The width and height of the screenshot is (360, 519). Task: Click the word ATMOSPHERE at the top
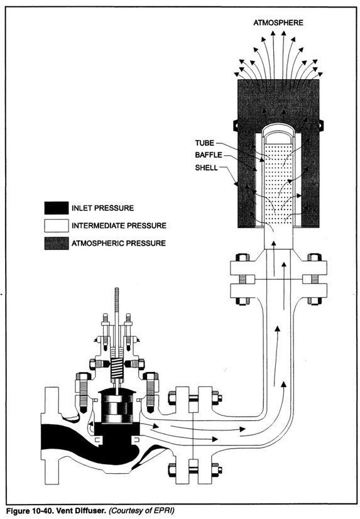[278, 23]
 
